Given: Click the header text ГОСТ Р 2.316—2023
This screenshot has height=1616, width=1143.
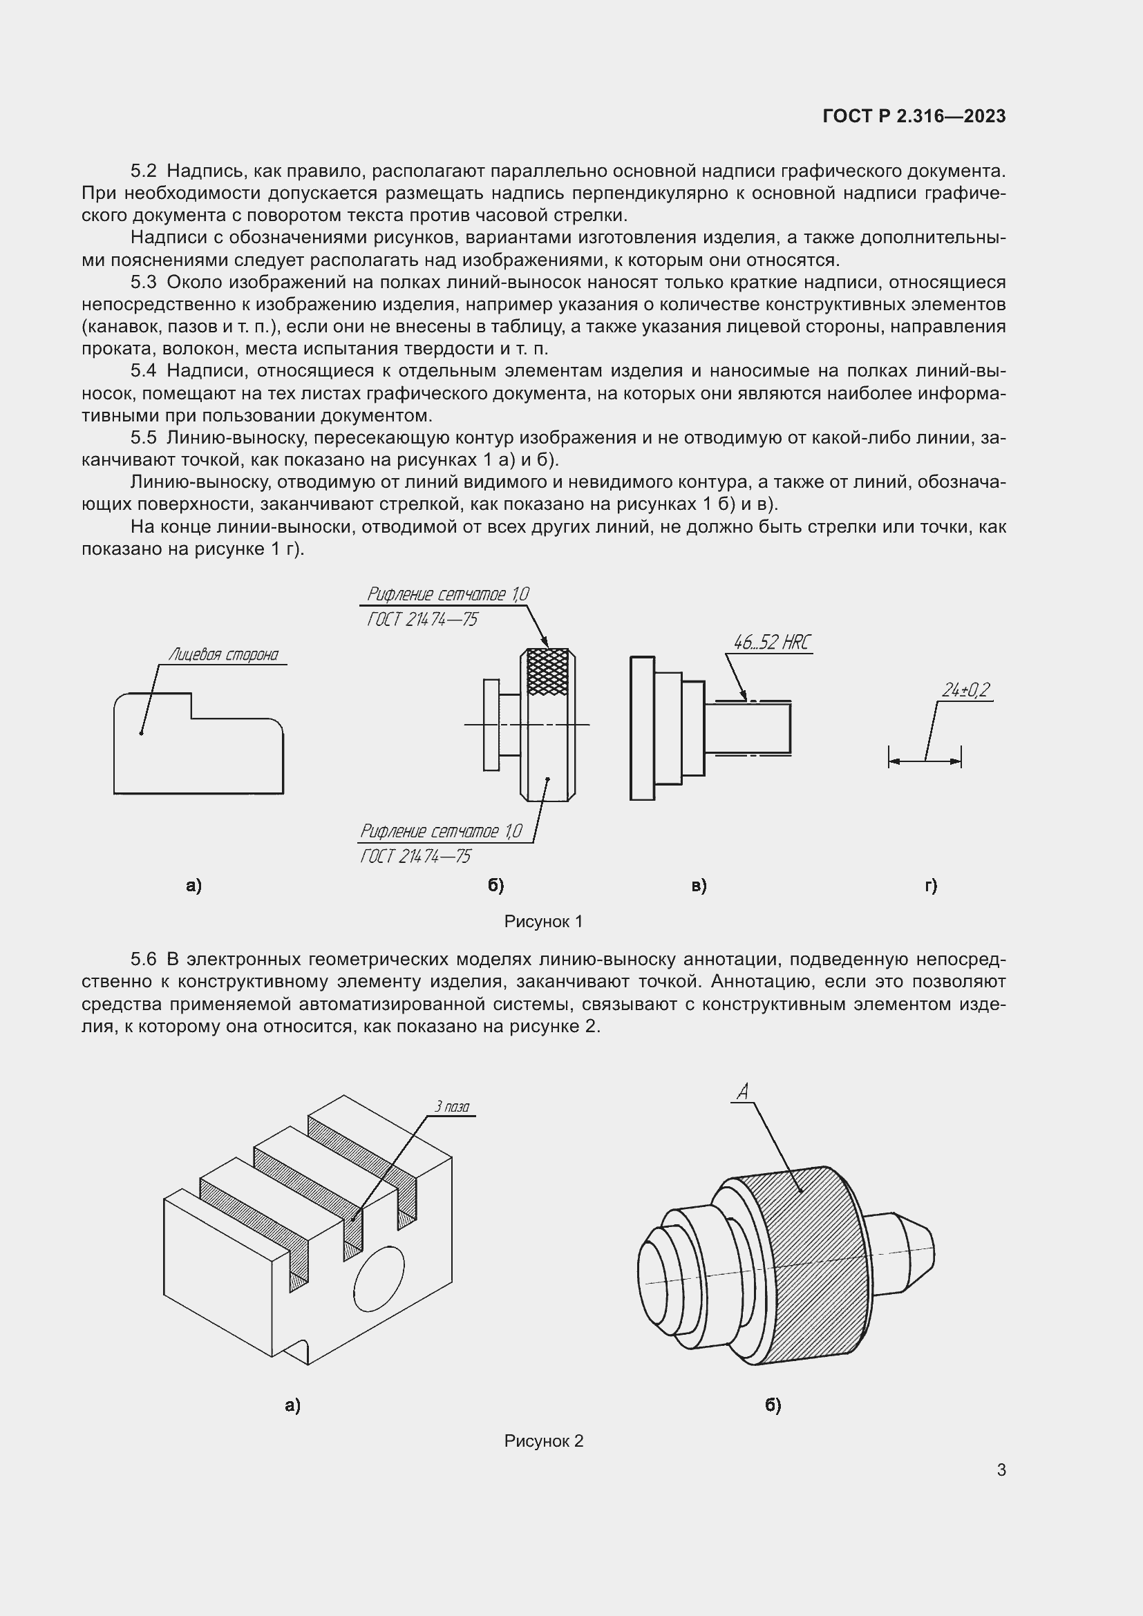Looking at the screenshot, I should point(914,117).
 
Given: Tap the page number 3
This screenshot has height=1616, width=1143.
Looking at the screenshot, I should point(1001,1470).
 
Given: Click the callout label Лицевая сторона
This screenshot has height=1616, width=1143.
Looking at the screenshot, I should point(223,655).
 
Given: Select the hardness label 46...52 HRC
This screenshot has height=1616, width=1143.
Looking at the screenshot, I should point(771,643).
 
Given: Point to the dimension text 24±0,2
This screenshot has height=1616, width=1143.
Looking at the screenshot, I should point(965,690).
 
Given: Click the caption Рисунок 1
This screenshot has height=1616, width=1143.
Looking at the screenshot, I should point(543,922).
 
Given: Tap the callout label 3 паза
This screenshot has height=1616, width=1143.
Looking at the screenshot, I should point(452,1106).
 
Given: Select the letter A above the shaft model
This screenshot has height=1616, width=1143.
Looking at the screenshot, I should point(741,1092).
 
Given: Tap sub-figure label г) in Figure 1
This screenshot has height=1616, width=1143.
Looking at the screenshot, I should point(930,886).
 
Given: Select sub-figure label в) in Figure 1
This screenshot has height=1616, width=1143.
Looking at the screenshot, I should point(698,886).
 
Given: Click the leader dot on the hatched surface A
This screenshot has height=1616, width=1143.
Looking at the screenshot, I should point(800,1191).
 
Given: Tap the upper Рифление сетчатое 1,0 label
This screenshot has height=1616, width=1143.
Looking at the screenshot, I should point(447,595).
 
